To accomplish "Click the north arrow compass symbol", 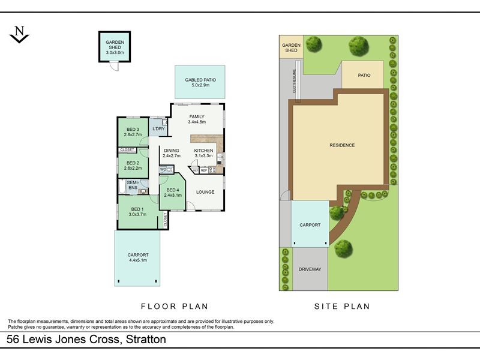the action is [19, 34].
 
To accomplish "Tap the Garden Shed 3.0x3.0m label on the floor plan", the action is [115, 47].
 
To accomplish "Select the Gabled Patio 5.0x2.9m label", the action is [200, 82].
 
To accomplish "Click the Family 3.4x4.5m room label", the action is [197, 119].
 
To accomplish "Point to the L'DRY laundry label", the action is [158, 128].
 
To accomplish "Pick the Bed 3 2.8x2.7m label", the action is [133, 132].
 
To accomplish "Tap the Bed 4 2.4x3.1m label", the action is [173, 193].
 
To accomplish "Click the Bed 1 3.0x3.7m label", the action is [137, 212].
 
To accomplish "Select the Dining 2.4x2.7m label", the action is [172, 153].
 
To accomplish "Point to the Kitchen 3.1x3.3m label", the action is [203, 153].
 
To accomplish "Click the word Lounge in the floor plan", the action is [205, 192].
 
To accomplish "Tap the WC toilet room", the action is [167, 169].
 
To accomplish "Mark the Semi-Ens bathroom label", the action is [133, 185].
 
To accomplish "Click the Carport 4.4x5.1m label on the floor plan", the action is [138, 257].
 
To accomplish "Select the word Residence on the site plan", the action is [342, 145].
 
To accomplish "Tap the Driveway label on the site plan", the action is [310, 269].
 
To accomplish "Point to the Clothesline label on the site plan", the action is [294, 81].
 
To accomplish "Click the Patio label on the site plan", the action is [364, 75].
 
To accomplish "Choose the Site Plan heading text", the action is [342, 307].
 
